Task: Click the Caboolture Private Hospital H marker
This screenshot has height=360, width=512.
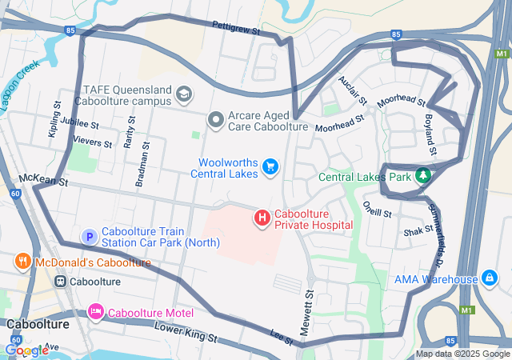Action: (x=262, y=217)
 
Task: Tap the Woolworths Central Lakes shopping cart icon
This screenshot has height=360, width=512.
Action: (x=271, y=166)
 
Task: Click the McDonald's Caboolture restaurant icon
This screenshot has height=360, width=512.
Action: (x=23, y=262)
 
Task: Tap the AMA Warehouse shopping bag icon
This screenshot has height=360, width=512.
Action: (x=490, y=279)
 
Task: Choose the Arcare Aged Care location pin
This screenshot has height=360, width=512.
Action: (x=215, y=120)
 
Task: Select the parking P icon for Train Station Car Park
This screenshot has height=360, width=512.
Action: (x=90, y=237)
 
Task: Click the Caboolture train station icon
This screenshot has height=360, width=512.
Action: (x=60, y=282)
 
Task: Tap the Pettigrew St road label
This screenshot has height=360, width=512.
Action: (x=237, y=28)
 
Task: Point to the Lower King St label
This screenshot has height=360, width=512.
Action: (x=186, y=333)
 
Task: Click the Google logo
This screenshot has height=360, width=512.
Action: (x=26, y=350)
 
